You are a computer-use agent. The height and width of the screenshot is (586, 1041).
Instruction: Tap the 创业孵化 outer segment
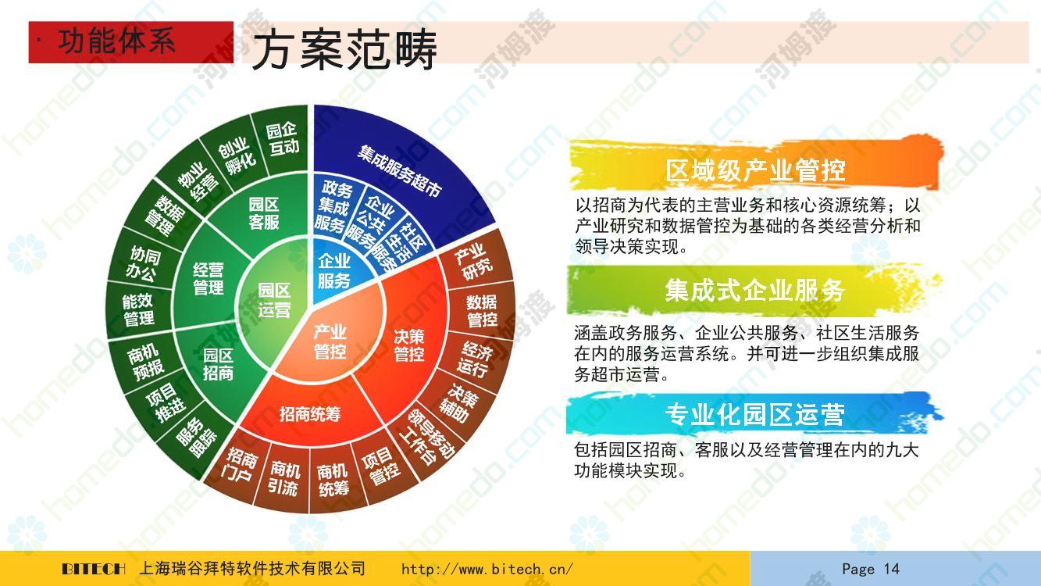click(x=237, y=155)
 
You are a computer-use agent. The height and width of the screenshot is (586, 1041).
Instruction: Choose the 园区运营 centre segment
click(x=274, y=300)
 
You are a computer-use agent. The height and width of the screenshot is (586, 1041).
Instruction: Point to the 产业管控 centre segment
click(x=330, y=342)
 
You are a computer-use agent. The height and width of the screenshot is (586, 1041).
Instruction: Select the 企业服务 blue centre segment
click(x=334, y=271)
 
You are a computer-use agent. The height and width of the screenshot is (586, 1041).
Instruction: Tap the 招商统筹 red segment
click(x=310, y=413)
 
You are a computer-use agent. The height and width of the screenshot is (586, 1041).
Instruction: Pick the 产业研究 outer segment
click(x=473, y=262)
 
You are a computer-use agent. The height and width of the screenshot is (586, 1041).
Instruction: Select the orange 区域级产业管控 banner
click(x=756, y=166)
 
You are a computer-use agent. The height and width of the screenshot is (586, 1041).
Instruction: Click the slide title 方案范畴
click(x=344, y=48)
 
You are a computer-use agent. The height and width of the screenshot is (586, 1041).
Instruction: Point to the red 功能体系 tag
click(x=131, y=42)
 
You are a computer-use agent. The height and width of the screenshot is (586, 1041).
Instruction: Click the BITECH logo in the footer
click(x=94, y=569)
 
